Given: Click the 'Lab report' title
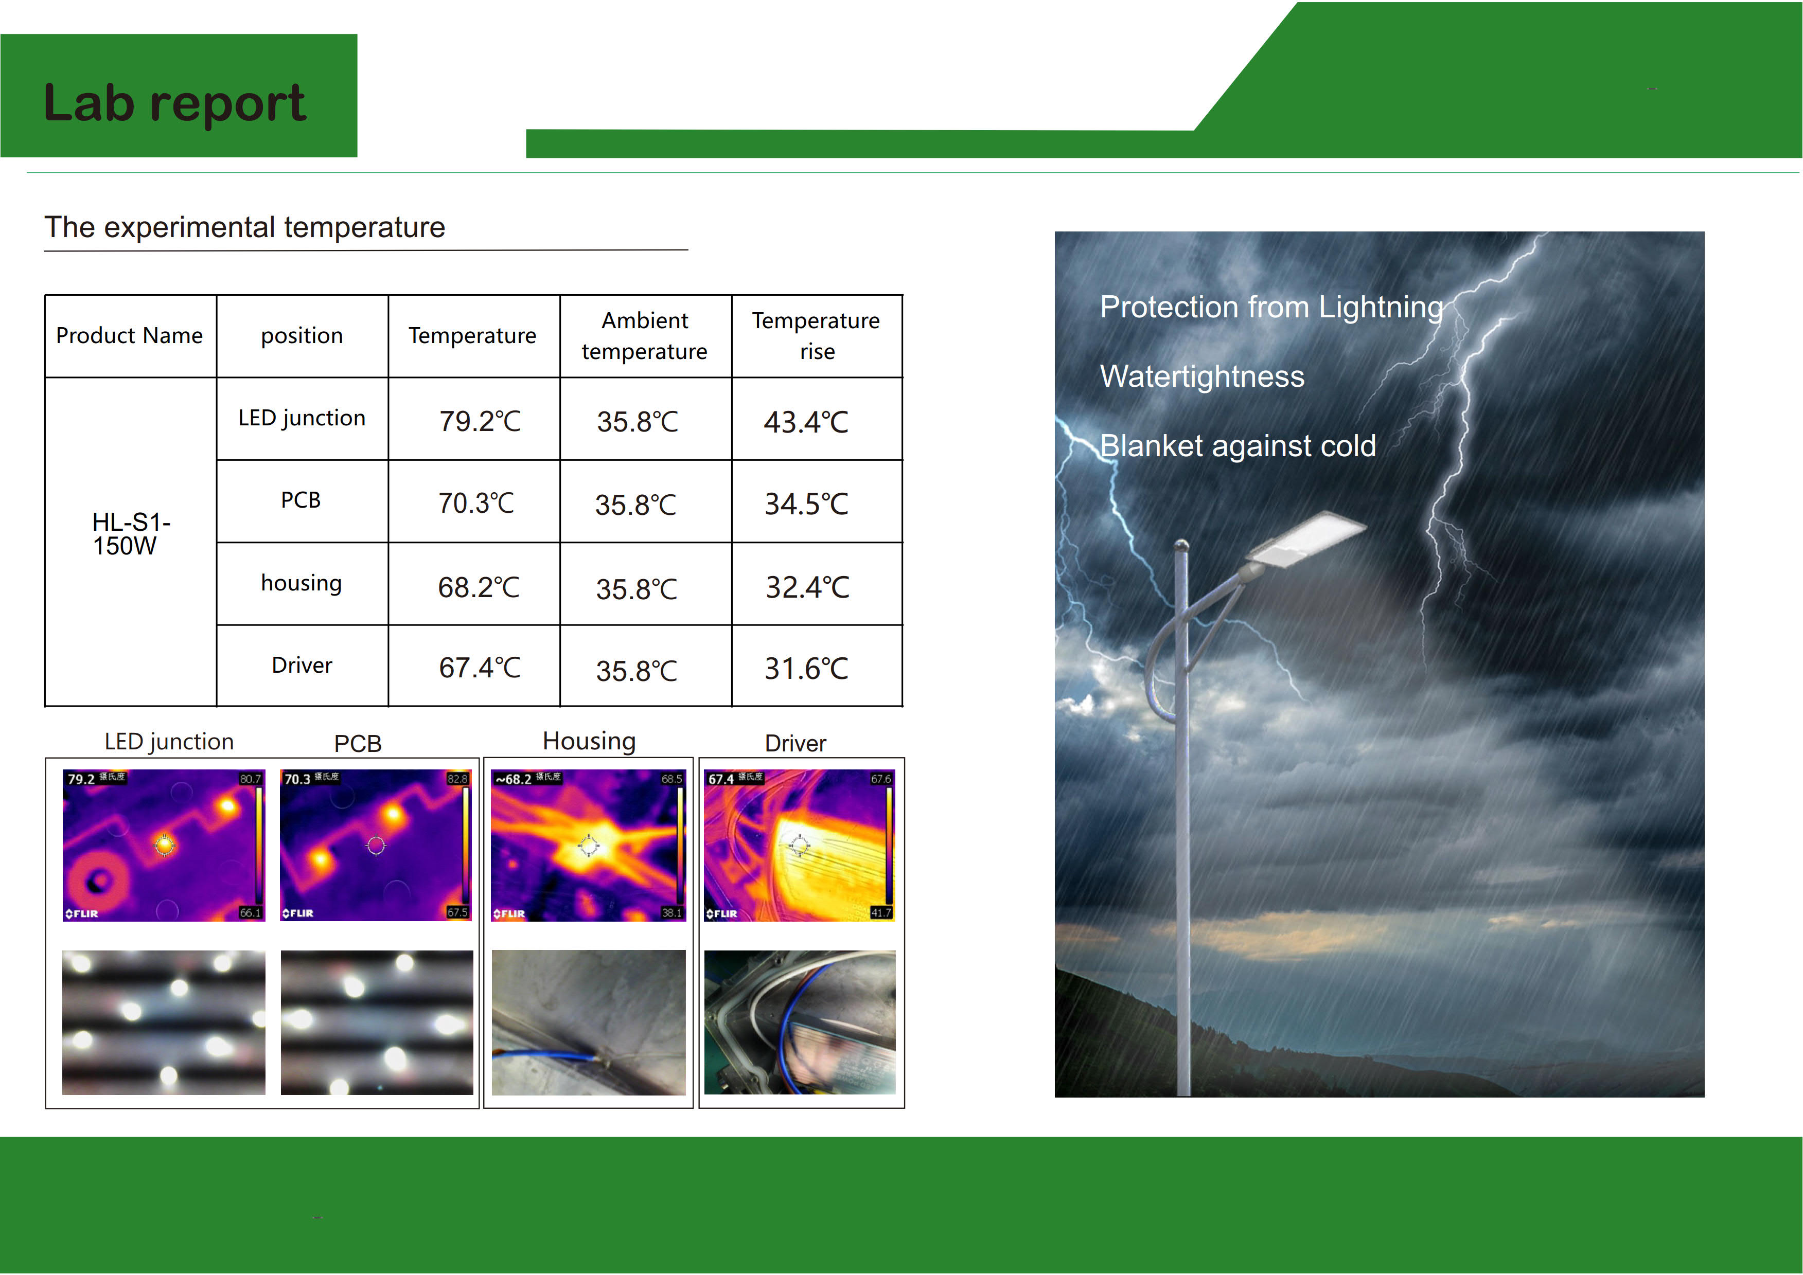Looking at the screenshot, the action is point(174,103).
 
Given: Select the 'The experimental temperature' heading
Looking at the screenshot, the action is point(245,228).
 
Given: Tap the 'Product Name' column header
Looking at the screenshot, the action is point(130,336).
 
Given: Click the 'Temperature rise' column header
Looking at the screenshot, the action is point(816,336).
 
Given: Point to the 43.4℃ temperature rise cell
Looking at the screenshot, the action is point(806,422).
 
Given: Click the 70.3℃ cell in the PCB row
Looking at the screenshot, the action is point(476,503).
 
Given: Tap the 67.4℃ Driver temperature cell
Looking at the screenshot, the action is point(480,668).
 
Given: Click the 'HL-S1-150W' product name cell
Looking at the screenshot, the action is point(130,534).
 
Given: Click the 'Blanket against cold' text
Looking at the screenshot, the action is point(1239,446).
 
